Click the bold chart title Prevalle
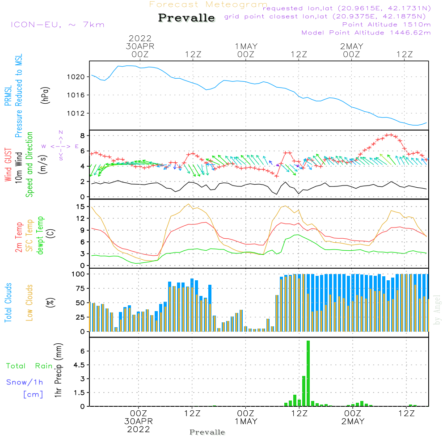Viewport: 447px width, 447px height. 186,18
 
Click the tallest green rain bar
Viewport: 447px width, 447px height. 308,373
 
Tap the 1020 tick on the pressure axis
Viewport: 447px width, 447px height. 79,77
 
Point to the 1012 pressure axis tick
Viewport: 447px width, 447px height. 79,113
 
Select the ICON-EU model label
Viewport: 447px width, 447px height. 57,25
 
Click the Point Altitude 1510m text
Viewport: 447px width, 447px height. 386,25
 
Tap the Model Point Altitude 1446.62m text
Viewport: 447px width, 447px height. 366,33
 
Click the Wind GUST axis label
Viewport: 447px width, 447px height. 8,165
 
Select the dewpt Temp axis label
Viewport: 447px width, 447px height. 40,236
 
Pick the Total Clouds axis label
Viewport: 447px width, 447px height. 8,303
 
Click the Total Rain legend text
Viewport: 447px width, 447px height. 29,366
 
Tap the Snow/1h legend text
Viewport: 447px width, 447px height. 25,382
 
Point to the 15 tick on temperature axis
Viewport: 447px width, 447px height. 80,207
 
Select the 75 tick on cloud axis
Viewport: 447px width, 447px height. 80,288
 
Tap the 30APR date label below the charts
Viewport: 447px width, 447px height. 139,421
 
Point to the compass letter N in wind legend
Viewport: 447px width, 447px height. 61,132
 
